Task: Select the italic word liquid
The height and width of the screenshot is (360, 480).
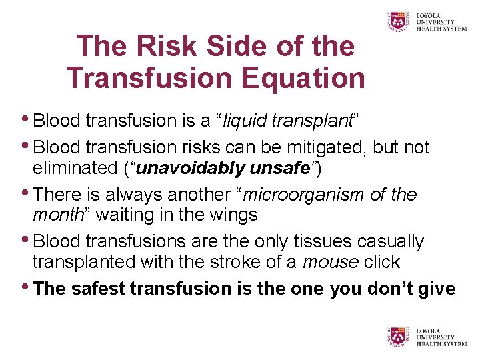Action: [247, 121]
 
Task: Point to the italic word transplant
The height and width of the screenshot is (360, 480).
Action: [312, 121]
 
